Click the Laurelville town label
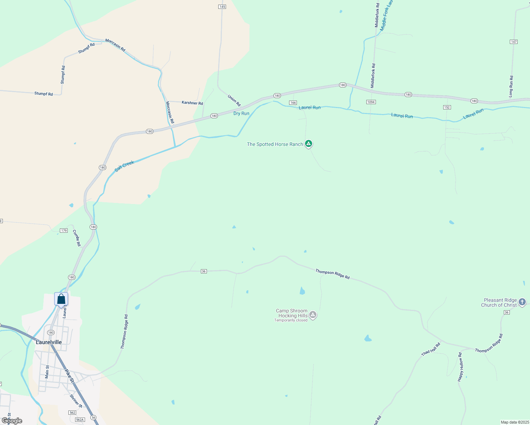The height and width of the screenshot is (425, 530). pos(49,342)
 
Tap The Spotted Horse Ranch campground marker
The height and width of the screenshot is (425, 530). pos(309,143)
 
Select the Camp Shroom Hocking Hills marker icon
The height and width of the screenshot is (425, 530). pos(312,314)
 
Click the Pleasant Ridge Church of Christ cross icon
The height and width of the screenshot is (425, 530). pos(522,302)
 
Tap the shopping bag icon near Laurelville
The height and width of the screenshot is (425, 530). pos(61,299)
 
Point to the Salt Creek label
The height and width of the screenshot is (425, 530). pos(124,166)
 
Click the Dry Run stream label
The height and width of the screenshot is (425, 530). pos(241,113)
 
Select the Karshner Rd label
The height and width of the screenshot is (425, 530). pos(192,103)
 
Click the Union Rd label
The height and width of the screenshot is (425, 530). pos(234,100)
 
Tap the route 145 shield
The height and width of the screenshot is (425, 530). pos(222,7)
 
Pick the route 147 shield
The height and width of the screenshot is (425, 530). pos(514,42)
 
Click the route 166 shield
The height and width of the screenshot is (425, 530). pos(293,103)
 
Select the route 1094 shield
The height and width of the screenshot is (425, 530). pos(371,102)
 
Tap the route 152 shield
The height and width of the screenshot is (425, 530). pos(447,107)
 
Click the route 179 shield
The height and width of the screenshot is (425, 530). pos(63,231)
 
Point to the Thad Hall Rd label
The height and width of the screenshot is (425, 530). pos(431,349)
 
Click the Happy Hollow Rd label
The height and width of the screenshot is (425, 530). pos(460,367)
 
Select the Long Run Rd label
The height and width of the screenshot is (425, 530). pos(511,86)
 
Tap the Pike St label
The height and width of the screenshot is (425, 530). pos(69,376)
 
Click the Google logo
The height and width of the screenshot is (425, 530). pos(12,421)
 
